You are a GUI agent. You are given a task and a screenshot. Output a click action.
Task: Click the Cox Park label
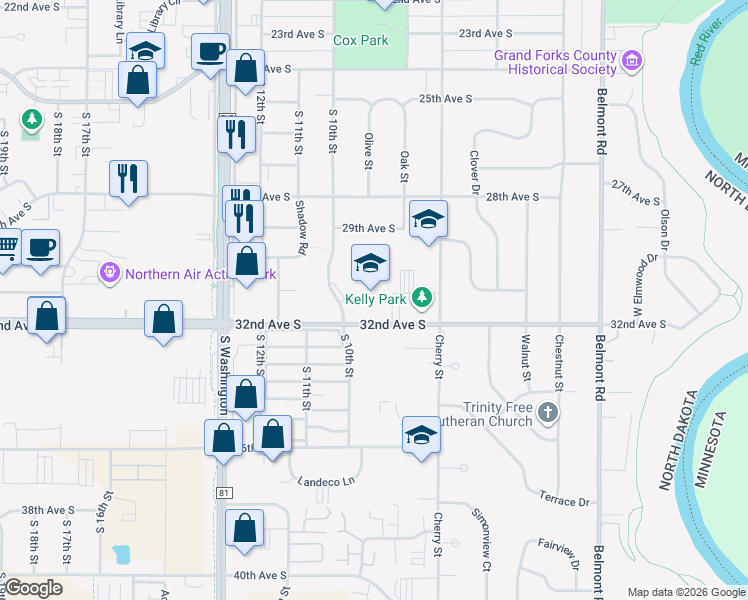coord(360,41)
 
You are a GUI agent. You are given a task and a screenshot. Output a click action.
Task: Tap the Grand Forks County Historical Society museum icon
coord(631,63)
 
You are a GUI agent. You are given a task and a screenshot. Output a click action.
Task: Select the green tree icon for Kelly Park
coord(424,297)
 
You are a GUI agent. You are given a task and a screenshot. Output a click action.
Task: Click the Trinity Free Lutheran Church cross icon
coord(547,412)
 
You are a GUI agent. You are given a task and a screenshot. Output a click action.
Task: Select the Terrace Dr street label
coord(564,500)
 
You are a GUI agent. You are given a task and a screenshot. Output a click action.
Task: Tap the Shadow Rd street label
coord(301,224)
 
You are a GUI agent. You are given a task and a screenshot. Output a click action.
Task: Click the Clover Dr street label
coord(471,173)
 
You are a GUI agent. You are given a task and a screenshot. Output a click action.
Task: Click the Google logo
coord(33,588)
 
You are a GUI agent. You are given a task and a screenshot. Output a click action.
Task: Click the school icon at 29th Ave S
coord(427,219)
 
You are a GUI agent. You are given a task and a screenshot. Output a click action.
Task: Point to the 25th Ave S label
coord(444,99)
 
